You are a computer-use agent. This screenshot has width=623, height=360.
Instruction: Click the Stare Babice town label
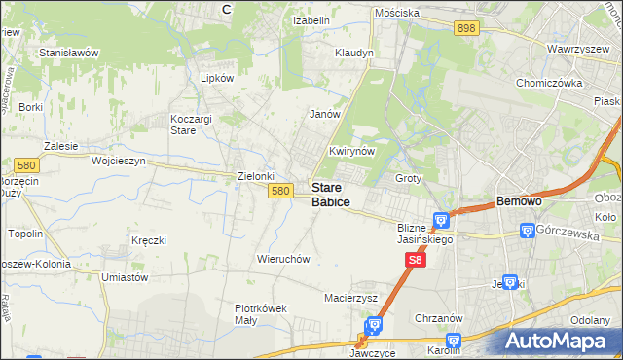pos(330,194)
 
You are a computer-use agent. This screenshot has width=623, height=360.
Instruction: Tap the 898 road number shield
pos(466,29)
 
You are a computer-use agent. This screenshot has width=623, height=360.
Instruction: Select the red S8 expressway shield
pos(415,260)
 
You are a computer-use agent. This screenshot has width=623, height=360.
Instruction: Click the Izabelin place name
pos(313,19)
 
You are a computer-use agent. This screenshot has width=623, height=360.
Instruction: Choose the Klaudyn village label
pos(353,53)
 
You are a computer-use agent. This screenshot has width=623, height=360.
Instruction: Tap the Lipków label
pos(217,78)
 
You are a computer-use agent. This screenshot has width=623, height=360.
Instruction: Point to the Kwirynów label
pos(352,152)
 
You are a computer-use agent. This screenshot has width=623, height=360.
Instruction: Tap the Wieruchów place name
pos(283,259)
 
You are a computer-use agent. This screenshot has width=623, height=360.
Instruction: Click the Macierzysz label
pos(350,297)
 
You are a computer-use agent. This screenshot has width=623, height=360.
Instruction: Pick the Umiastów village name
pos(125,277)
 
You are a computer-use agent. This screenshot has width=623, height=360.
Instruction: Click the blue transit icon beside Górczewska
pos(528,231)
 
